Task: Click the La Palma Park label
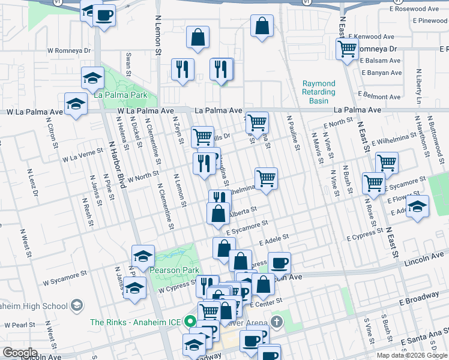pos(121,95)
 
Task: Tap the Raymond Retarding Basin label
pos(318,92)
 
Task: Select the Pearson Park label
pos(174,270)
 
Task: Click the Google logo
pos(20,353)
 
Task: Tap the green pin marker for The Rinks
pos(191,322)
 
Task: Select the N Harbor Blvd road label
pos(116,165)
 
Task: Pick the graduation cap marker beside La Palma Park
pos(92,78)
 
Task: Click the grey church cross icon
pos(276,322)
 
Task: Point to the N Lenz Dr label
pos(31,183)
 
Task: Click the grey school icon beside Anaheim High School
pos(76,306)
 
